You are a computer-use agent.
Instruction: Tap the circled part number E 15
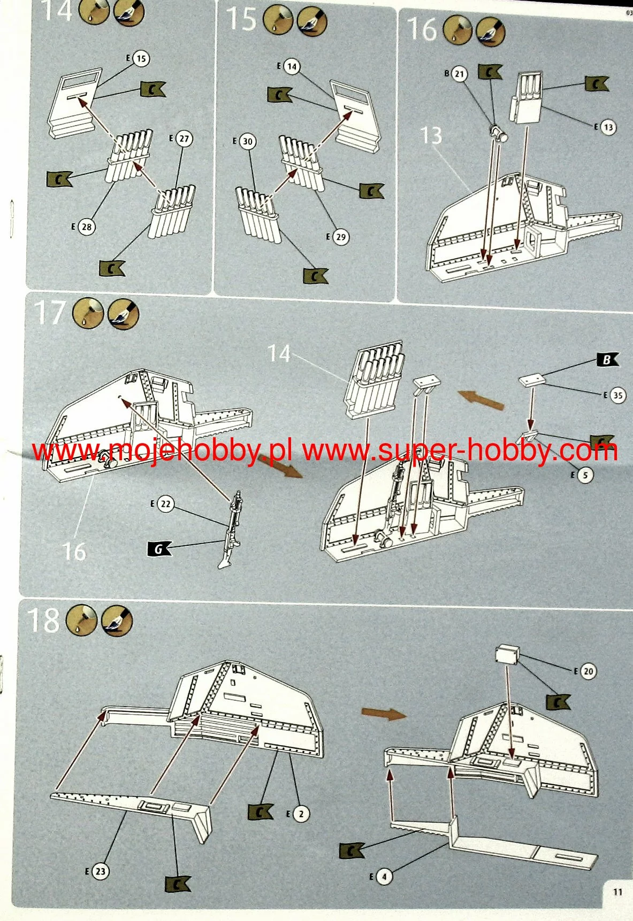(141, 58)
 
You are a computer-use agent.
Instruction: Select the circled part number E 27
(184, 138)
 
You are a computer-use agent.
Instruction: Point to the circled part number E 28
(86, 227)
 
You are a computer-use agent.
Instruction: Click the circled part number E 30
(247, 142)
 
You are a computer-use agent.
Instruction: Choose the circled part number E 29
(341, 236)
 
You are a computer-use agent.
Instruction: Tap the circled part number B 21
(459, 74)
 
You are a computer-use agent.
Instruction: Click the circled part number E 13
(607, 127)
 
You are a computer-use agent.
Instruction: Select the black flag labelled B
(607, 360)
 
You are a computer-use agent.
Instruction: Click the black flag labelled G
(159, 548)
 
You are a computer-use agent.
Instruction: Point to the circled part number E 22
(165, 504)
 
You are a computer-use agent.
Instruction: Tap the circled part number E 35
(617, 396)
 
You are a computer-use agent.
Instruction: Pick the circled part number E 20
(588, 671)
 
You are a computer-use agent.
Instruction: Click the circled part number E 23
(100, 871)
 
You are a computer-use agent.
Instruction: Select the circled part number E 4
(383, 877)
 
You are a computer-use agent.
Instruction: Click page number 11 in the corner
(617, 892)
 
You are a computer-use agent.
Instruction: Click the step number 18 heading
(43, 621)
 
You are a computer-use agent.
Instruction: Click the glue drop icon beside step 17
(88, 313)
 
